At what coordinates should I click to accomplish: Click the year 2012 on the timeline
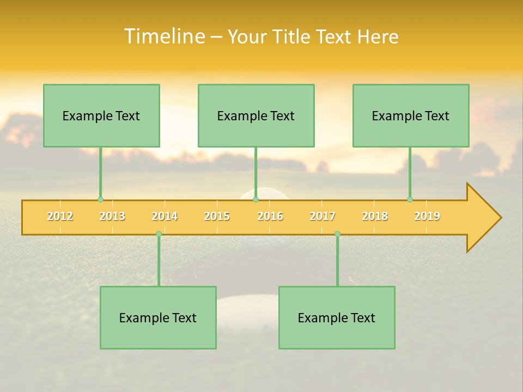point(60,216)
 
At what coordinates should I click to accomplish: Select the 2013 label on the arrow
point(112,216)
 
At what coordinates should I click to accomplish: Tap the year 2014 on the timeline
point(165,216)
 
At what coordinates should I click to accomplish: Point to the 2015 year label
point(217,216)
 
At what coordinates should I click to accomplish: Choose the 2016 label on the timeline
point(270,216)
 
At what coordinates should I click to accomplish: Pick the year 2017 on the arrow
point(323,216)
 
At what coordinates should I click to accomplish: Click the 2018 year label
point(375,216)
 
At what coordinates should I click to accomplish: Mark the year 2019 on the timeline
point(427,216)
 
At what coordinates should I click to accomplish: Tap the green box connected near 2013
point(101,115)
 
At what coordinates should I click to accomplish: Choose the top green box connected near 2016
point(256,115)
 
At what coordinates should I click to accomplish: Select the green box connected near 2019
point(411,115)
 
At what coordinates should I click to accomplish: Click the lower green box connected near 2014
point(158,317)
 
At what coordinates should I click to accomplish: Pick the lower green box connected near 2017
point(337,317)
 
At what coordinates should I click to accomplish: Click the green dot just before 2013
point(100,199)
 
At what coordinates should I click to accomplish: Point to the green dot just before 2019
point(410,199)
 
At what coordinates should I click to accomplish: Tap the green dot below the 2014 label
point(159,234)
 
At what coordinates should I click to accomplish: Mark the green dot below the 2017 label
point(337,234)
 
